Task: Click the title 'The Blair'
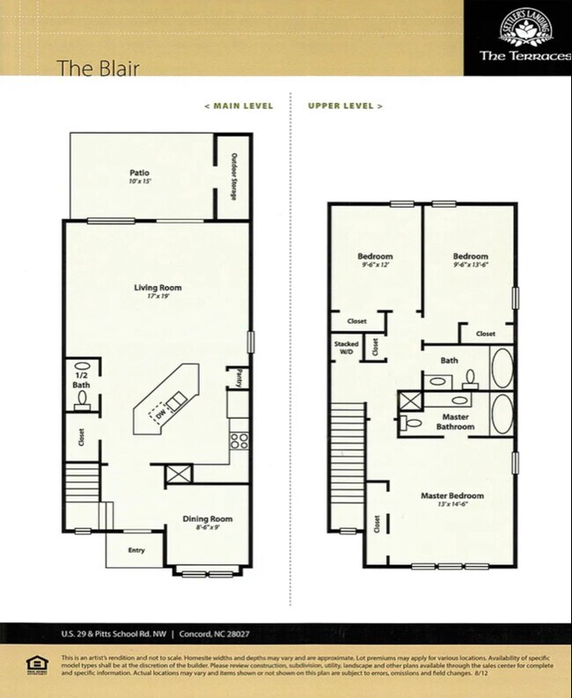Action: pos(97,68)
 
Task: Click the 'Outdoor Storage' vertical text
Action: pos(234,177)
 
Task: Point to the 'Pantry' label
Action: pos(237,378)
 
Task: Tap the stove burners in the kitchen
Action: pos(238,439)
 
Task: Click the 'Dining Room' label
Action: pos(208,518)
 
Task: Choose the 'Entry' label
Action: pos(136,552)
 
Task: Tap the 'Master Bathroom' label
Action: pos(455,422)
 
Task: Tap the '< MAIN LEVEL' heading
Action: pos(238,106)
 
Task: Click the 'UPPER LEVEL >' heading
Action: pos(345,106)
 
